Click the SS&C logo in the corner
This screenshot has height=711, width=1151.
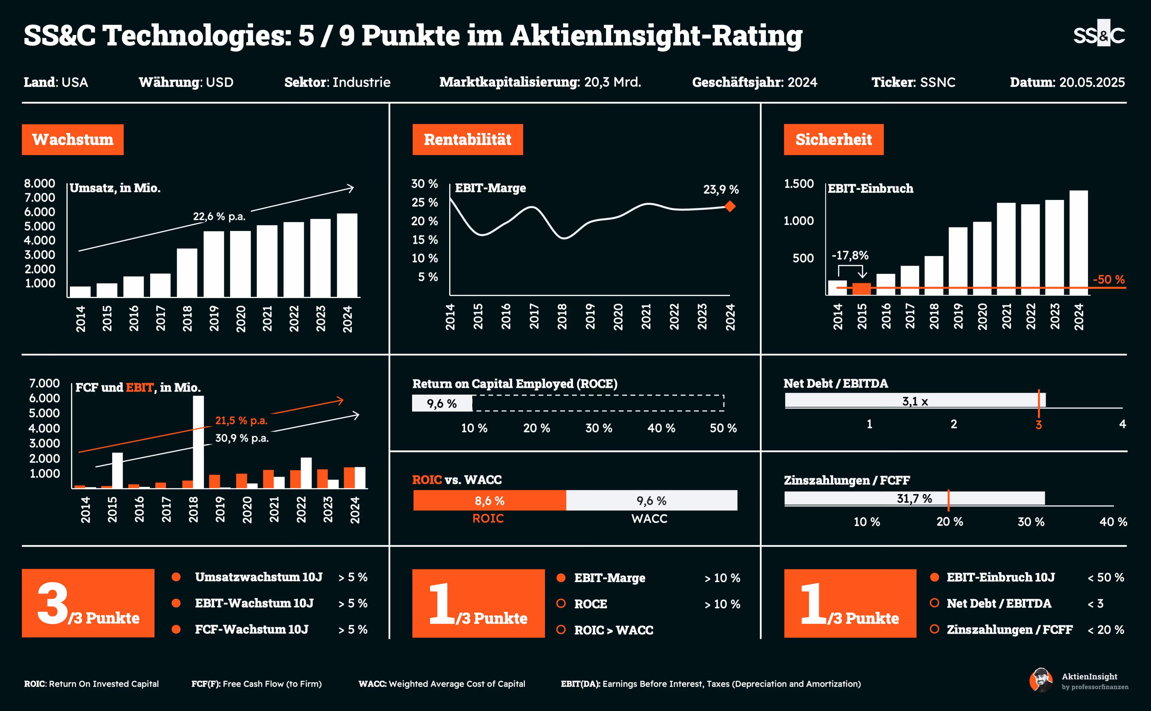(x=1099, y=34)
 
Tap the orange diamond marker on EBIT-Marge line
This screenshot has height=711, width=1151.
(x=730, y=206)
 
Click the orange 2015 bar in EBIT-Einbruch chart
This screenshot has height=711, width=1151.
(x=861, y=289)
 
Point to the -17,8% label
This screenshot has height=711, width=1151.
(x=850, y=255)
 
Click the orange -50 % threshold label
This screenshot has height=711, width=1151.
(x=1108, y=279)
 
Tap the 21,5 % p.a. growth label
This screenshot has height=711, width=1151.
(x=241, y=420)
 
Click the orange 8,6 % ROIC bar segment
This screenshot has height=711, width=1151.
(x=489, y=501)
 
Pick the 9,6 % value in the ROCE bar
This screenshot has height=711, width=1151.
(x=441, y=403)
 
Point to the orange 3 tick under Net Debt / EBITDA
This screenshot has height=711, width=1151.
(x=1038, y=425)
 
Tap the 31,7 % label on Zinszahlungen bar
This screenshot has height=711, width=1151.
(x=914, y=498)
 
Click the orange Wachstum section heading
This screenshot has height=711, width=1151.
(x=73, y=140)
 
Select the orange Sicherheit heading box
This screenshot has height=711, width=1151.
(x=834, y=140)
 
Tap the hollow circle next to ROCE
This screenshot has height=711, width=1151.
(x=561, y=603)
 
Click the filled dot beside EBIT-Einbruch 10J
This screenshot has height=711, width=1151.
(x=934, y=577)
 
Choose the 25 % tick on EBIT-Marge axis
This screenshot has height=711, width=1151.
(x=424, y=202)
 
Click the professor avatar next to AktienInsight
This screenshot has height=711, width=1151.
(x=1041, y=680)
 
